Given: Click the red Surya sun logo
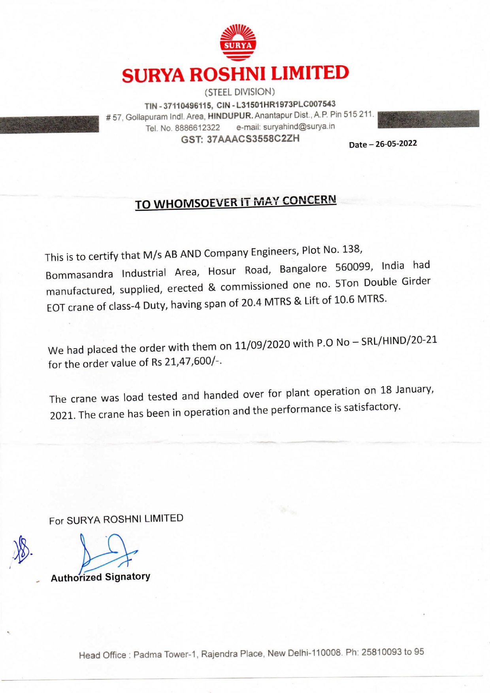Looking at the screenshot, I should click(238, 43).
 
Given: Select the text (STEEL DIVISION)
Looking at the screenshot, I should click(239, 92).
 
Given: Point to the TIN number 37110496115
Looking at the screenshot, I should click(185, 106).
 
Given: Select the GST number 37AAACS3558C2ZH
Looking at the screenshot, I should click(253, 139).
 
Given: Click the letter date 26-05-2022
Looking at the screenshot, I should click(396, 144).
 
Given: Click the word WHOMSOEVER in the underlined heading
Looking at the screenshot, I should click(196, 203).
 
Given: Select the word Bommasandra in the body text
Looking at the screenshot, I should click(79, 274).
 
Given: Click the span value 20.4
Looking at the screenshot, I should click(251, 303).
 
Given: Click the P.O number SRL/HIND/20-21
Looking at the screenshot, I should click(399, 341).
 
